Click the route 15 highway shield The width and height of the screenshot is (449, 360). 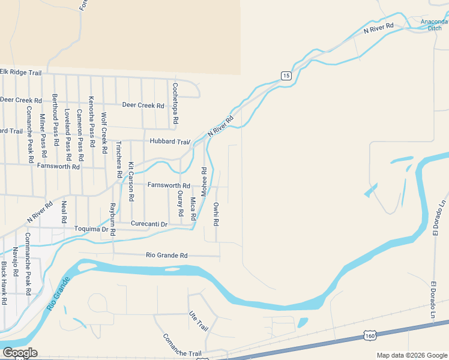[x=286, y=75]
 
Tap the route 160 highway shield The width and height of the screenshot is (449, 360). [x=370, y=335]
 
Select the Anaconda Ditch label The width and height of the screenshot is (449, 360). [x=433, y=25]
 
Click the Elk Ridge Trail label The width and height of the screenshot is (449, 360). [x=20, y=72]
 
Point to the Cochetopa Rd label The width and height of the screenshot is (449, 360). [x=175, y=103]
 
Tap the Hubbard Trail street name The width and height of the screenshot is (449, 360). [x=169, y=142]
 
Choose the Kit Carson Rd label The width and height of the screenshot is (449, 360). [x=130, y=181]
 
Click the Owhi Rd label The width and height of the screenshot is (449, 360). [x=216, y=214]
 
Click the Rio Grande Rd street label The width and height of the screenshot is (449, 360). [x=167, y=255]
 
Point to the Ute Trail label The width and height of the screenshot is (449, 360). [x=198, y=321]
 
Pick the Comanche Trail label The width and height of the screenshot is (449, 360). [x=183, y=345]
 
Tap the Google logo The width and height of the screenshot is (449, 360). [x=19, y=353]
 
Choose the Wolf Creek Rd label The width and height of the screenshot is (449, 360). [x=104, y=131]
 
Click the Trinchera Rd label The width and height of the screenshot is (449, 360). [x=119, y=160]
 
